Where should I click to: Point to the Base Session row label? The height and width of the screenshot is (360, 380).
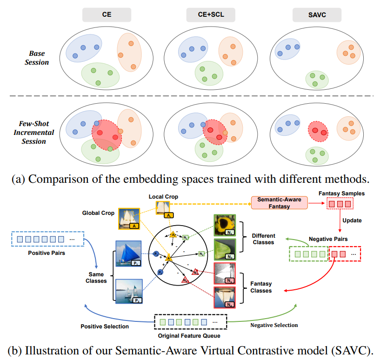pos(37,58)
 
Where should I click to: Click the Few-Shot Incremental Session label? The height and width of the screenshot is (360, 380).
pos(38,133)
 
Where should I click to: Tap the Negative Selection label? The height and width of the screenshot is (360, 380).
pos(274,325)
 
